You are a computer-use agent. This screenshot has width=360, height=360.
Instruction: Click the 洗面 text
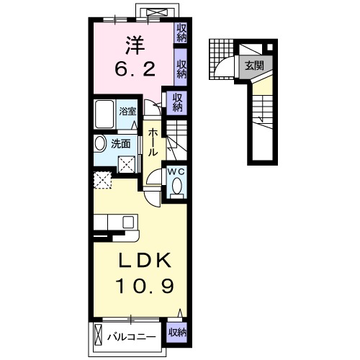click(120, 143)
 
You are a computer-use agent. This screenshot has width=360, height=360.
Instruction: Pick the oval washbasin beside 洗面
click(100, 143)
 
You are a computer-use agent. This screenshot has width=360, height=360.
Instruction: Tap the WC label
click(176, 171)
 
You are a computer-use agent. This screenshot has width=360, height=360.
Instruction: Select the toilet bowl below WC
click(176, 188)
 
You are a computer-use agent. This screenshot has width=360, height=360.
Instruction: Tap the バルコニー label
click(133, 335)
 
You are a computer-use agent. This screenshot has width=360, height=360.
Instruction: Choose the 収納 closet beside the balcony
click(178, 333)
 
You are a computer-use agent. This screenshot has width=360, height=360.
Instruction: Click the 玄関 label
click(253, 66)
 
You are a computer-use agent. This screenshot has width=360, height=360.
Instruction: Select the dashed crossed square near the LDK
click(102, 179)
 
